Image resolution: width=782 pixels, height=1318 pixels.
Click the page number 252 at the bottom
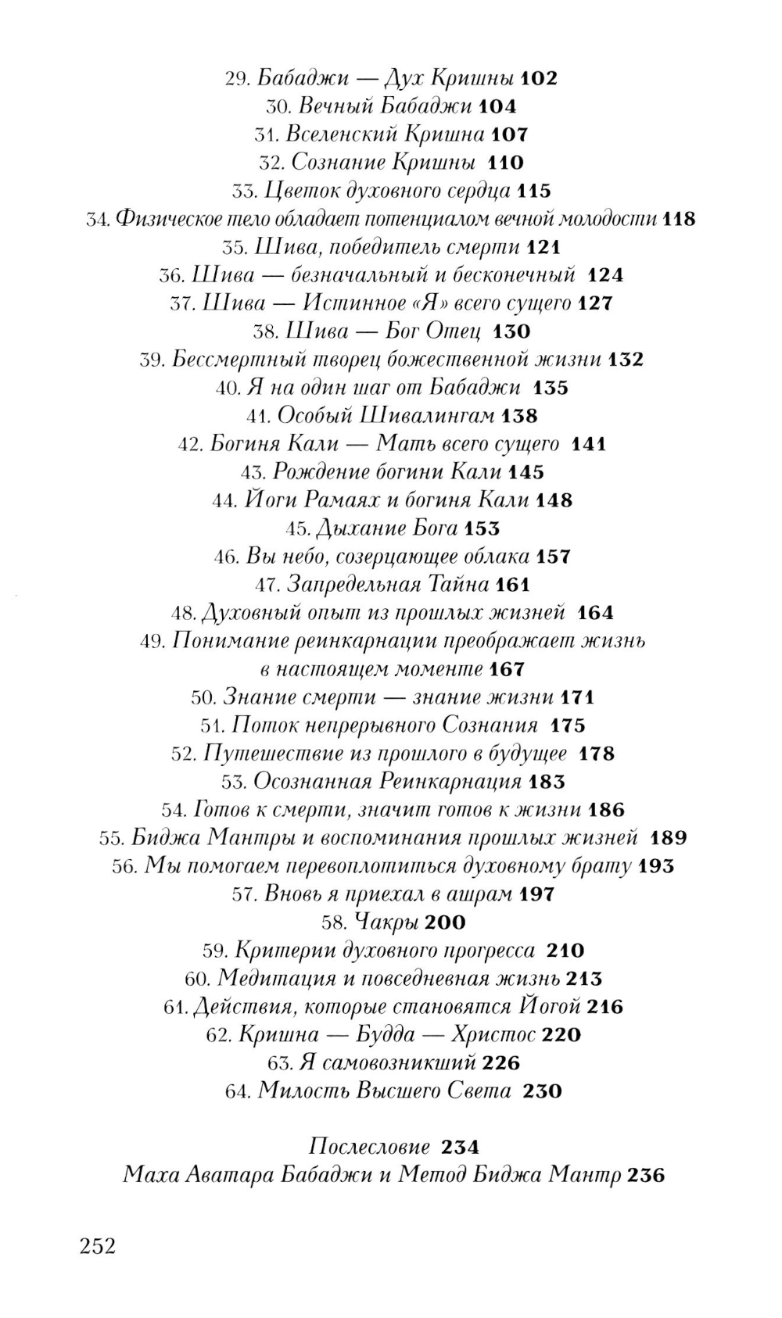[97, 1245]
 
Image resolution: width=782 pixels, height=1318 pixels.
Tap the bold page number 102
[538, 78]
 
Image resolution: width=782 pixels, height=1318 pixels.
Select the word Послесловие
[369, 1147]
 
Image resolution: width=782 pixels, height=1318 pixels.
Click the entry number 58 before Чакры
[334, 922]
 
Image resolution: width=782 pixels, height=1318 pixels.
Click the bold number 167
[507, 669]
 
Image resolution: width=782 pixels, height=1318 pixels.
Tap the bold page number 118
[678, 219]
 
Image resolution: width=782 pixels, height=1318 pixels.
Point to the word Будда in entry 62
[386, 1035]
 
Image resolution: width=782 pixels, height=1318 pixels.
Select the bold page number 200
[447, 922]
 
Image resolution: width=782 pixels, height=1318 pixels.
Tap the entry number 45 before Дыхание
[298, 528]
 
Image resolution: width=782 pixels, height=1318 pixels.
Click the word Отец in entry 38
[454, 331]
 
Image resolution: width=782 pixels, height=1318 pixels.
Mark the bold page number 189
[668, 838]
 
